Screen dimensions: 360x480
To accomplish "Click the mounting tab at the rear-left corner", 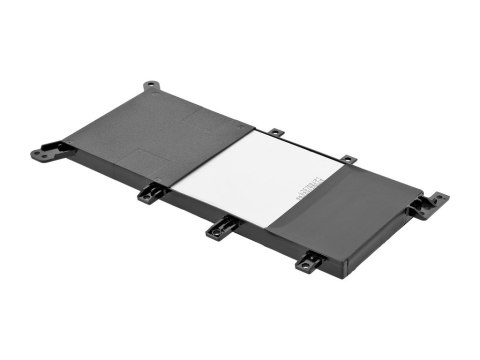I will [151, 86].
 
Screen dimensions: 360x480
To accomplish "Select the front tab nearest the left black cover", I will [149, 193].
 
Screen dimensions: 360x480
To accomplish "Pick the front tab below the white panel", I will [220, 229].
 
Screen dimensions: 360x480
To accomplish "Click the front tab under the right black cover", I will [308, 262].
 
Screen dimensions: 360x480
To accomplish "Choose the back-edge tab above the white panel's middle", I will [275, 132].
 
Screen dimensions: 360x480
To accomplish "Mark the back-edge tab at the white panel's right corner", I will [346, 159].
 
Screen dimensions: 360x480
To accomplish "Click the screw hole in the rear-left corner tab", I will [151, 85].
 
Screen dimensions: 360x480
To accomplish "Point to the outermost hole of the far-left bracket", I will [39, 155].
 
